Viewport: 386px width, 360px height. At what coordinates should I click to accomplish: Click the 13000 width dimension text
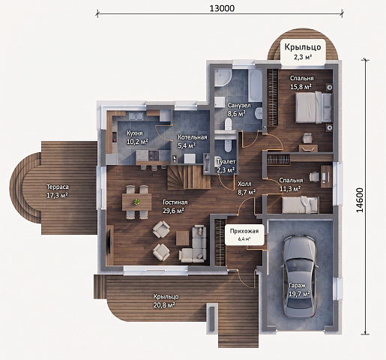(x=222, y=8)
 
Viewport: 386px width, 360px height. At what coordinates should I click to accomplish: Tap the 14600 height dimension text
(x=359, y=200)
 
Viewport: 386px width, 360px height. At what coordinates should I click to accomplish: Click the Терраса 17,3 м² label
(x=58, y=191)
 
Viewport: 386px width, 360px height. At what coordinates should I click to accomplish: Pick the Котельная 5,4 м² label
(x=192, y=141)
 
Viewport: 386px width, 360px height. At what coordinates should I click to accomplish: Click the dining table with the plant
(x=136, y=202)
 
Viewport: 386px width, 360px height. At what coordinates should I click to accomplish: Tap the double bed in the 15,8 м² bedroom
(x=313, y=107)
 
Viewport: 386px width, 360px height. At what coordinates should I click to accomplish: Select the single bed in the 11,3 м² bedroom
(x=300, y=204)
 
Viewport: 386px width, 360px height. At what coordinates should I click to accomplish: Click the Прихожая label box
(x=244, y=234)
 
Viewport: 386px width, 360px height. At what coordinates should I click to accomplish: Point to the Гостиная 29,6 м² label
(x=175, y=206)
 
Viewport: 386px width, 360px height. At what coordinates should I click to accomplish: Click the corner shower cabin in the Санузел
(x=223, y=78)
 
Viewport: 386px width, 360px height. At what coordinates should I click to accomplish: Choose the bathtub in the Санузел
(x=255, y=85)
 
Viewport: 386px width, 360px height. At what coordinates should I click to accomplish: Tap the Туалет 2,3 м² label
(x=226, y=166)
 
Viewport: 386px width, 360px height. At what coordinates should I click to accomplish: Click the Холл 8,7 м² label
(x=246, y=187)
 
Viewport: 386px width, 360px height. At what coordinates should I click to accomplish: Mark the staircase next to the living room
(x=189, y=178)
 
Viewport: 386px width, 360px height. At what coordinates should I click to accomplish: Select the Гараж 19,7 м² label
(x=299, y=289)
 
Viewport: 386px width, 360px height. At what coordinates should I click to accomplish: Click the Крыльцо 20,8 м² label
(x=166, y=301)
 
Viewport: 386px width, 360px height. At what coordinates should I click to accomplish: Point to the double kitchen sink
(x=136, y=116)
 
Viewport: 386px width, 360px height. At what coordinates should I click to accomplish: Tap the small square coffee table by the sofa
(x=182, y=238)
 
